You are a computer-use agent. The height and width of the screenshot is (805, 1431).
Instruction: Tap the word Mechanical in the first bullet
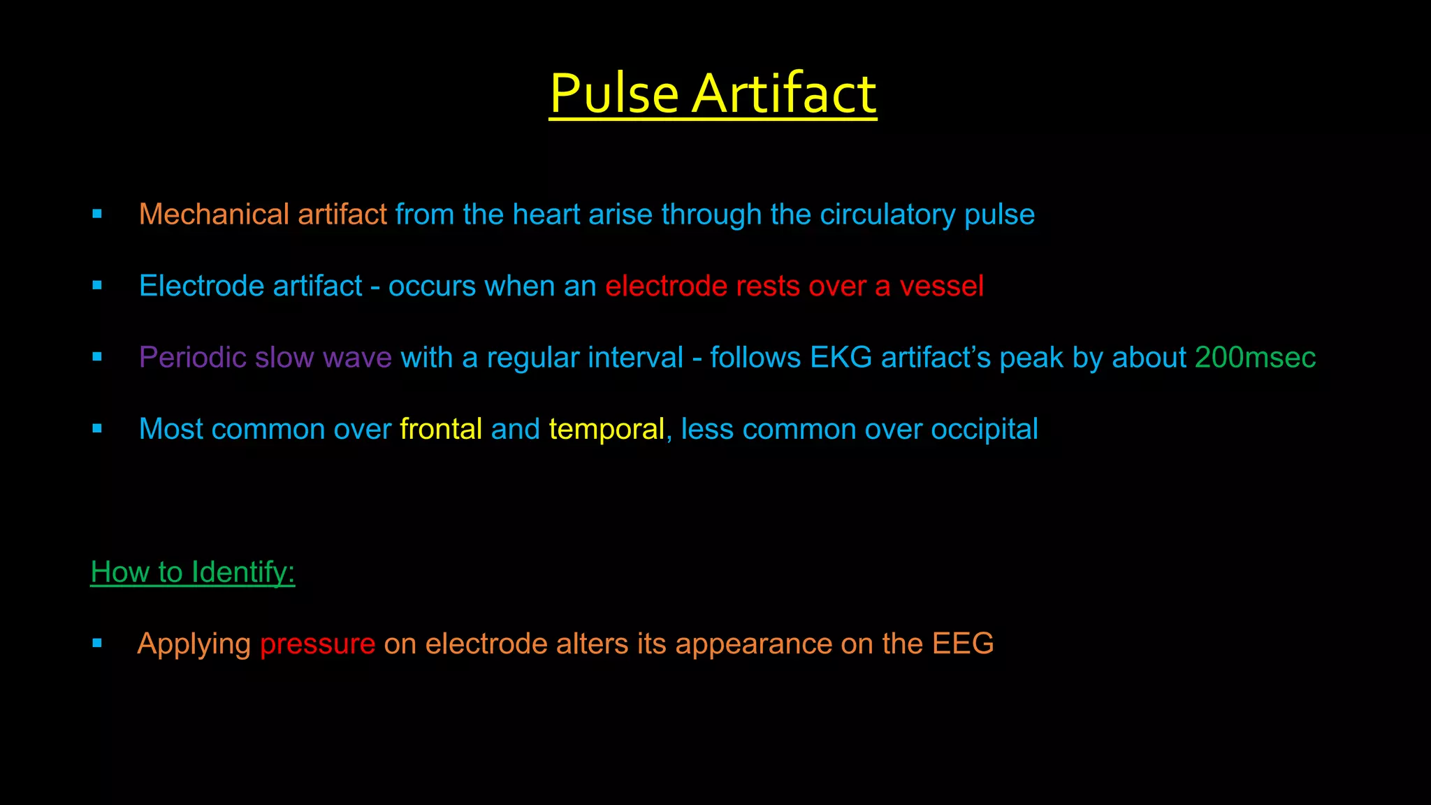tap(214, 215)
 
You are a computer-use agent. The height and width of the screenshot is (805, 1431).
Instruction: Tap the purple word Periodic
tap(193, 358)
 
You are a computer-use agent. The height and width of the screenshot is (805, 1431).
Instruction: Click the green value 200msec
tap(1255, 358)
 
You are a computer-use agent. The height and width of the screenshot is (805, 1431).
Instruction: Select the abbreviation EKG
tap(841, 358)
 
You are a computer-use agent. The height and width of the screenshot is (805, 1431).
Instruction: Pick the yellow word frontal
tap(441, 429)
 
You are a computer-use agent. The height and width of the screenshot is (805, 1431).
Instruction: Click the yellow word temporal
tap(606, 429)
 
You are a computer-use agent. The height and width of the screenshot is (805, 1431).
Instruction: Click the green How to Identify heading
tap(193, 572)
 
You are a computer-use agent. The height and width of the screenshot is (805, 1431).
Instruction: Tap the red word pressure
tap(317, 644)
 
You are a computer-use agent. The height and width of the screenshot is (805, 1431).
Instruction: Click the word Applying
tap(194, 644)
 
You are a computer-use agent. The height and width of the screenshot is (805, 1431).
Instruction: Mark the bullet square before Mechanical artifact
tap(97, 214)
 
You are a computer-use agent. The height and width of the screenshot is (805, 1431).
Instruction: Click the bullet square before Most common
tap(97, 428)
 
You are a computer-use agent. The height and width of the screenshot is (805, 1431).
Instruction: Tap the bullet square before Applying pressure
tap(97, 643)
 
